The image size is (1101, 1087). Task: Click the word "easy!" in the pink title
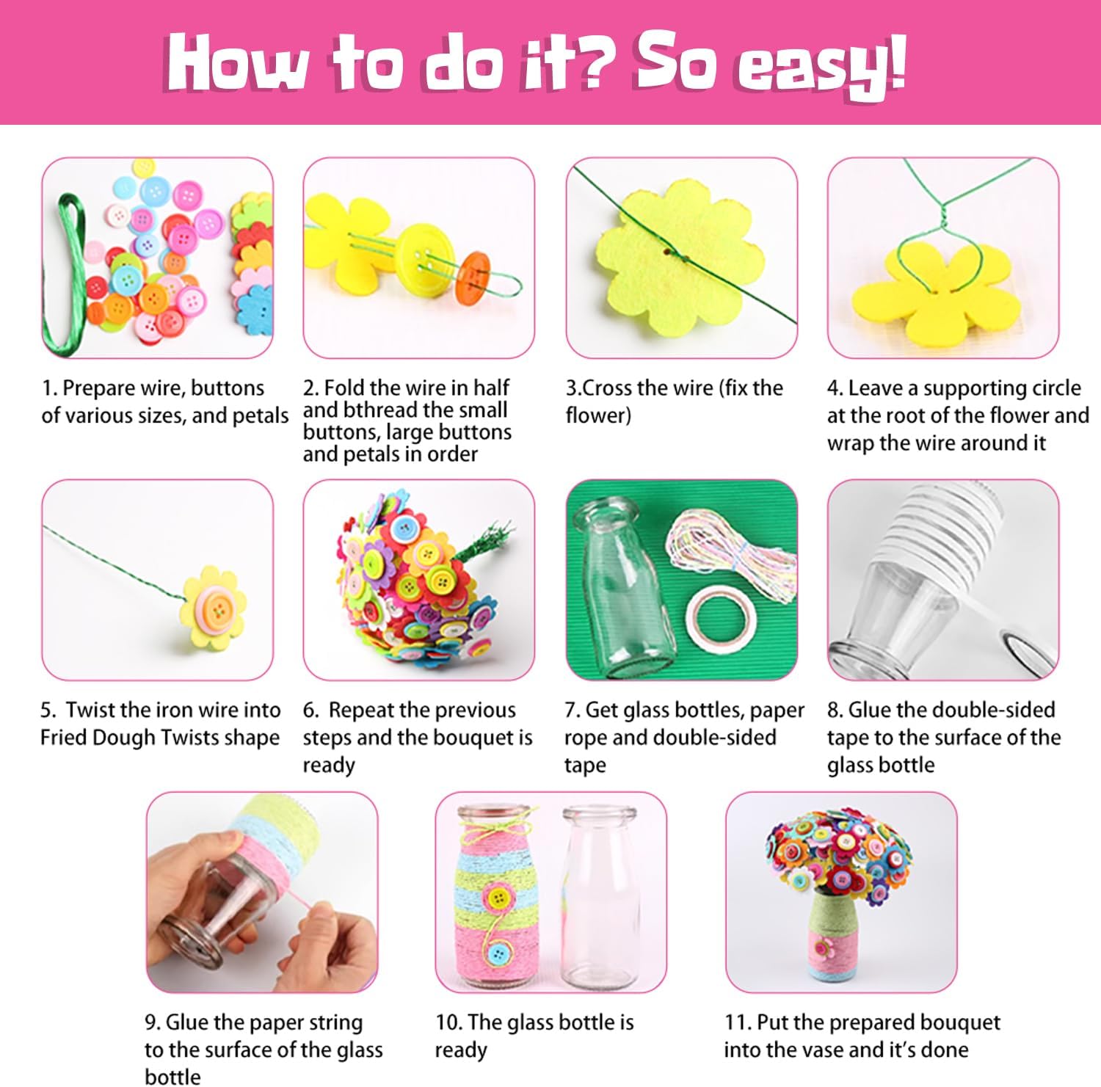point(821,66)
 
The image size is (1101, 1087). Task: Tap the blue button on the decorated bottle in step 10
point(499,954)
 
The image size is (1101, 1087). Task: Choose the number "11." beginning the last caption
point(737,1022)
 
